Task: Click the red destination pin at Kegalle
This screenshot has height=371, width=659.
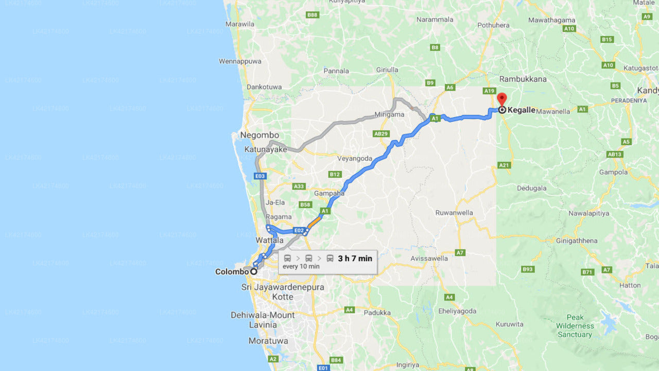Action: (501, 98)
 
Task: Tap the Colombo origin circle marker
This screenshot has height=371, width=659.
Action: (254, 272)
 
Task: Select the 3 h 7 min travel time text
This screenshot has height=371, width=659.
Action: (355, 258)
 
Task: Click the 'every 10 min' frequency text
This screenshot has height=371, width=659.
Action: (301, 266)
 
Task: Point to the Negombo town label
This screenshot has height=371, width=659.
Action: (259, 135)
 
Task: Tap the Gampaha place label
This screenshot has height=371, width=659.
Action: (329, 193)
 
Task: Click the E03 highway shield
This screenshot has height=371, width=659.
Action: (260, 176)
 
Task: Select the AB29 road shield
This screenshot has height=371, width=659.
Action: (381, 134)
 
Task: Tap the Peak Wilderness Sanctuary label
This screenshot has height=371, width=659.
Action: (575, 326)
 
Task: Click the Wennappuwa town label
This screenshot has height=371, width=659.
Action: (240, 61)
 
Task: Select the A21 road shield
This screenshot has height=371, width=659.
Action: (504, 165)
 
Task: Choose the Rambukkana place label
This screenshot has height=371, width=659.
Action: (523, 79)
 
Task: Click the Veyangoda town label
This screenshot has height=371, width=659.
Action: (354, 158)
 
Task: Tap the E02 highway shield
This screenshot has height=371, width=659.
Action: (299, 230)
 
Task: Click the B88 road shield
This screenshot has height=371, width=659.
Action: (312, 15)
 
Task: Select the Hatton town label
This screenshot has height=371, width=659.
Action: (630, 285)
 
